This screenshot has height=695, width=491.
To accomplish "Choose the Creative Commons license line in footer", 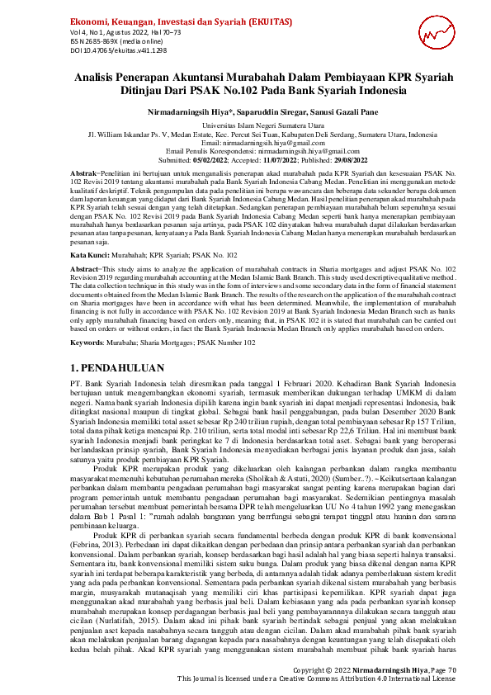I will [x=316, y=678].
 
